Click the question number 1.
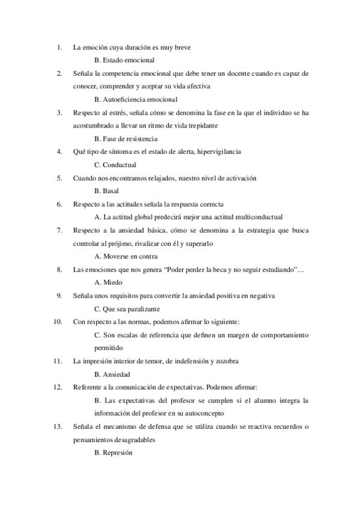58,47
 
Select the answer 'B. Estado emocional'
124,60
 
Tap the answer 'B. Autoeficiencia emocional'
136,99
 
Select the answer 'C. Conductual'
115,165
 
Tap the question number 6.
59,204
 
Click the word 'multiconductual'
258,217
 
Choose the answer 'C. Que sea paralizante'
127,309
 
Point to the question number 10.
58,322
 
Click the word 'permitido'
108,348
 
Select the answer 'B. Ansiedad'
112,374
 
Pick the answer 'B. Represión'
114,452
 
